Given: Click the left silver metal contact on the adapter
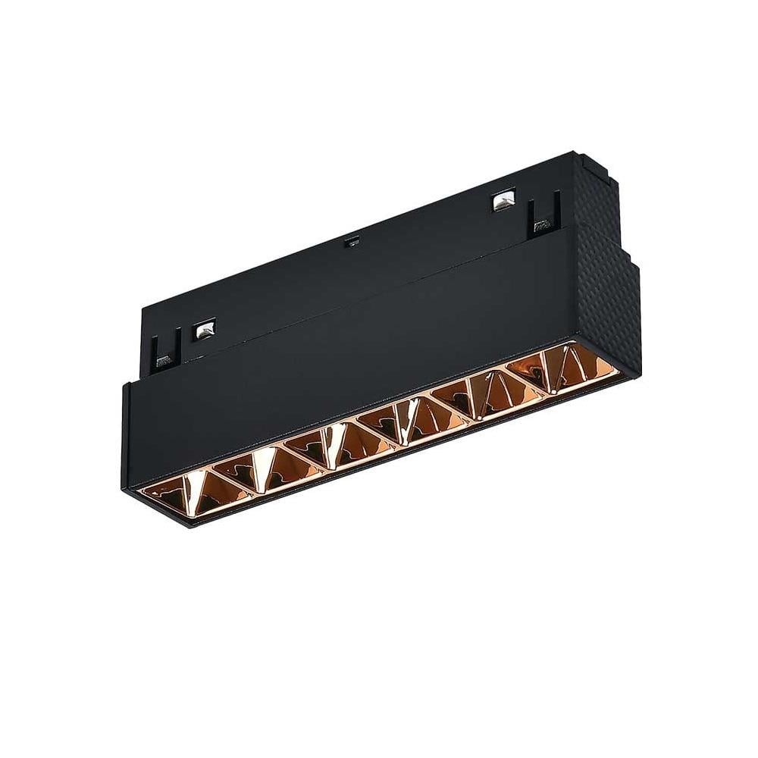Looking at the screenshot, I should click(x=204, y=330).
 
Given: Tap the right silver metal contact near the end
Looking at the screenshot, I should click(x=502, y=202).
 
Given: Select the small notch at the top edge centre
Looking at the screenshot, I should click(x=349, y=243).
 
